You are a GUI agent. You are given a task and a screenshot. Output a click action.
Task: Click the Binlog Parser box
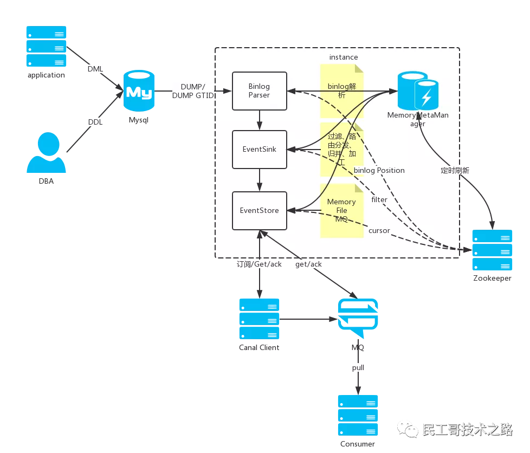[x=260, y=90]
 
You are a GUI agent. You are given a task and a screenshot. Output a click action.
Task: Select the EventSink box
[x=260, y=149]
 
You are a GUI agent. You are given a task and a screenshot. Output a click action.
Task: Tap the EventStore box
[x=260, y=210]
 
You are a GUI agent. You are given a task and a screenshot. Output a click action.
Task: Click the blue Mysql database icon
[x=139, y=91]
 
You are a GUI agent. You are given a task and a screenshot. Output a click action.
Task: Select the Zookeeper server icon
[x=492, y=250]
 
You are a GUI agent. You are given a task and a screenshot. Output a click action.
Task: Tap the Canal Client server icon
[x=259, y=319]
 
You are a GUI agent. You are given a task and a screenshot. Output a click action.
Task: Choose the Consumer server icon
[x=358, y=415]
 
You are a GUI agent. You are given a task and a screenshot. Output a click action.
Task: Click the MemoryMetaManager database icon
[x=418, y=91]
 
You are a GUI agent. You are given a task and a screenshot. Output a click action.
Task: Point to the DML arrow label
[x=95, y=69]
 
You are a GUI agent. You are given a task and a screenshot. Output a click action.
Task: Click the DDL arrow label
[x=95, y=122]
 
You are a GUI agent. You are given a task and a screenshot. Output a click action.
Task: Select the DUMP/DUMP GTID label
[x=193, y=91]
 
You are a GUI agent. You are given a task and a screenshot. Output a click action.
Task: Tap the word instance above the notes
[x=344, y=57]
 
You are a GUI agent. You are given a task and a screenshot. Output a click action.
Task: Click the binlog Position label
[x=379, y=170]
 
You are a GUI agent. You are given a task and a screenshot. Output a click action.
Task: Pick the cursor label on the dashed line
[x=379, y=230]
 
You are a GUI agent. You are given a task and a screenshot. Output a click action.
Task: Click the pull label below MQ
[x=358, y=367]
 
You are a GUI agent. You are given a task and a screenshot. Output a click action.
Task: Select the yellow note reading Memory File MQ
[x=341, y=211]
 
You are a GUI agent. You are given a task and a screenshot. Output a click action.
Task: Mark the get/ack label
[x=308, y=264]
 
